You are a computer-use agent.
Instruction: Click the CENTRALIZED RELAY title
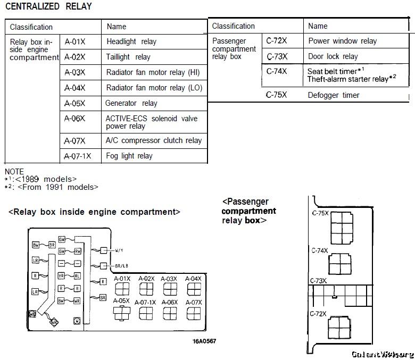[48, 7]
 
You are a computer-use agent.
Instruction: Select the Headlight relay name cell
[131, 41]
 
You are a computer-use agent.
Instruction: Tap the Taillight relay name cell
[128, 57]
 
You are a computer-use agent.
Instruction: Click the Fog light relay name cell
[129, 156]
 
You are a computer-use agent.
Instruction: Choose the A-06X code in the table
[74, 119]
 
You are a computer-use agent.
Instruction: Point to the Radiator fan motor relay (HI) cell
[153, 72]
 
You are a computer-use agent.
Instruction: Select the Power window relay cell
[342, 41]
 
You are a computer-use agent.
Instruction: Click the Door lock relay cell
[333, 56]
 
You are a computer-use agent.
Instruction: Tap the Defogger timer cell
[334, 95]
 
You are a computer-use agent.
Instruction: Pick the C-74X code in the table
[276, 71]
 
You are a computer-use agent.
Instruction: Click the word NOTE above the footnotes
[14, 171]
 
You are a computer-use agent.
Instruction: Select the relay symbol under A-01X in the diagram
[122, 289]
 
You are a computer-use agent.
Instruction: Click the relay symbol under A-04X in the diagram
[193, 289]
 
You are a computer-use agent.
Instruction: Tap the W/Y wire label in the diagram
[120, 249]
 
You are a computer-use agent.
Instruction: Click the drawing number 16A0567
[204, 341]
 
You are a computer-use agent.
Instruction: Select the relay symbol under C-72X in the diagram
[339, 326]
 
